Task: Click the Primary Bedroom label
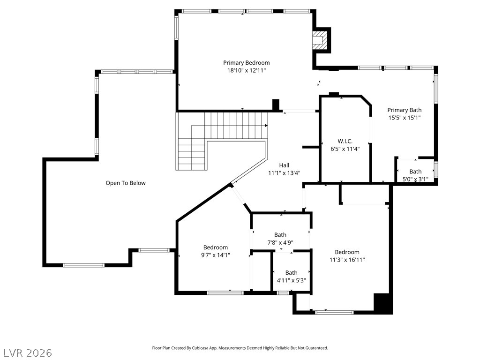[247, 63]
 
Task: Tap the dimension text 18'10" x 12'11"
[247, 71]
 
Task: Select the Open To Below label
[126, 183]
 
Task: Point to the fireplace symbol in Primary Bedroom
[319, 40]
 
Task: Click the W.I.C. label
[345, 142]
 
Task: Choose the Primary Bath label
[405, 110]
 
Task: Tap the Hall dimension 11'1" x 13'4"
[284, 173]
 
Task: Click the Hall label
[284, 165]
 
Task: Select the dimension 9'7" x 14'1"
[216, 255]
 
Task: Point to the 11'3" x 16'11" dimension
[347, 260]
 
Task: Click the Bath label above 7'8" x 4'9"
[280, 235]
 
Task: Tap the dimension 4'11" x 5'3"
[292, 280]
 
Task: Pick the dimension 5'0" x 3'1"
[415, 179]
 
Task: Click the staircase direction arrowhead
[266, 126]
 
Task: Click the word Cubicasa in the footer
[199, 348]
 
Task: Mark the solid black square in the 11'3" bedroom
[382, 303]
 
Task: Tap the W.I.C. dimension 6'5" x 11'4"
[345, 149]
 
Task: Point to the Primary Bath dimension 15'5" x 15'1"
[405, 118]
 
